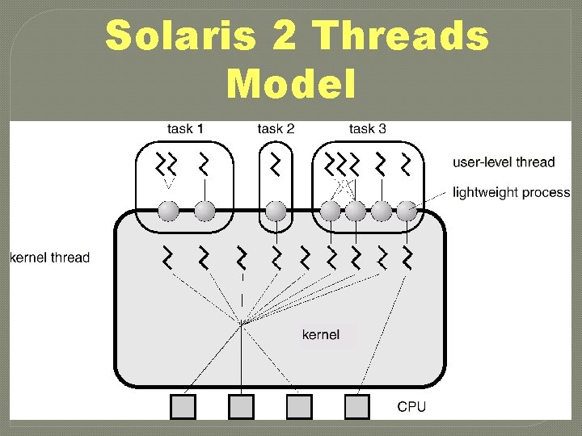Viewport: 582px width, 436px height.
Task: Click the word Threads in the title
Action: (x=399, y=37)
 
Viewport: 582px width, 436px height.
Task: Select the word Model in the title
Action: (x=291, y=84)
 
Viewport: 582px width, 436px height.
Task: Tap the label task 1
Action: (x=185, y=128)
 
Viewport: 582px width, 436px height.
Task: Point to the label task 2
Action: (x=276, y=128)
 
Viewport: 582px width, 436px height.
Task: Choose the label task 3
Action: (x=367, y=128)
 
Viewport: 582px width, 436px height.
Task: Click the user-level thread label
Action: (x=503, y=162)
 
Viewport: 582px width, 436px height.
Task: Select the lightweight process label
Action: (x=511, y=193)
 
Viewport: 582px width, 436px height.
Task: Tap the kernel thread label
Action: (x=49, y=258)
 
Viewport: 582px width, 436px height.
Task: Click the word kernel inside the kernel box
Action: (x=320, y=334)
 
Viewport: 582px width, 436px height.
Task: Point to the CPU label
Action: (x=411, y=406)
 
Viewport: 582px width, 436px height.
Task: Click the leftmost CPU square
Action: (x=183, y=406)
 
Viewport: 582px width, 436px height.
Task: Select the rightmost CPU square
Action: (x=356, y=406)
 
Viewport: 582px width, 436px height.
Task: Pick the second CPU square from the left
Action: (x=241, y=406)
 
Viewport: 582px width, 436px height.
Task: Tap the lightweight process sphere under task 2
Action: (x=276, y=211)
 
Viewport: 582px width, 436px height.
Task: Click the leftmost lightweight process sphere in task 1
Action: (x=168, y=211)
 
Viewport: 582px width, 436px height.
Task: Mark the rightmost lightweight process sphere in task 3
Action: (x=406, y=211)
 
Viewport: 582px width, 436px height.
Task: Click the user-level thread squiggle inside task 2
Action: (x=276, y=164)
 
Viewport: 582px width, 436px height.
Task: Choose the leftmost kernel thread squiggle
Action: (x=168, y=258)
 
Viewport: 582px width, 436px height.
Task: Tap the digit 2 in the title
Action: (x=287, y=37)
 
